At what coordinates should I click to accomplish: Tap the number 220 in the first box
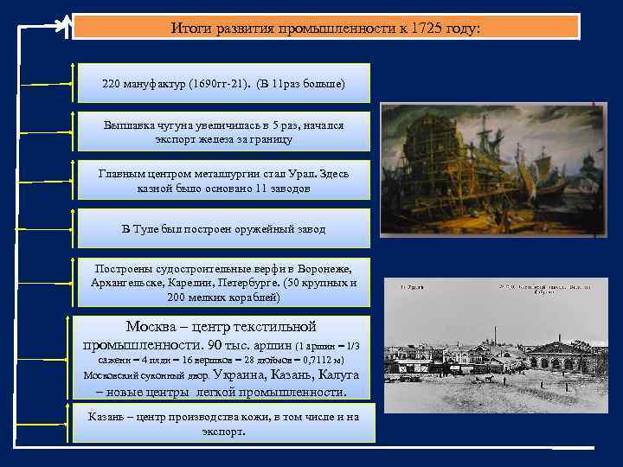pos(112,84)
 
